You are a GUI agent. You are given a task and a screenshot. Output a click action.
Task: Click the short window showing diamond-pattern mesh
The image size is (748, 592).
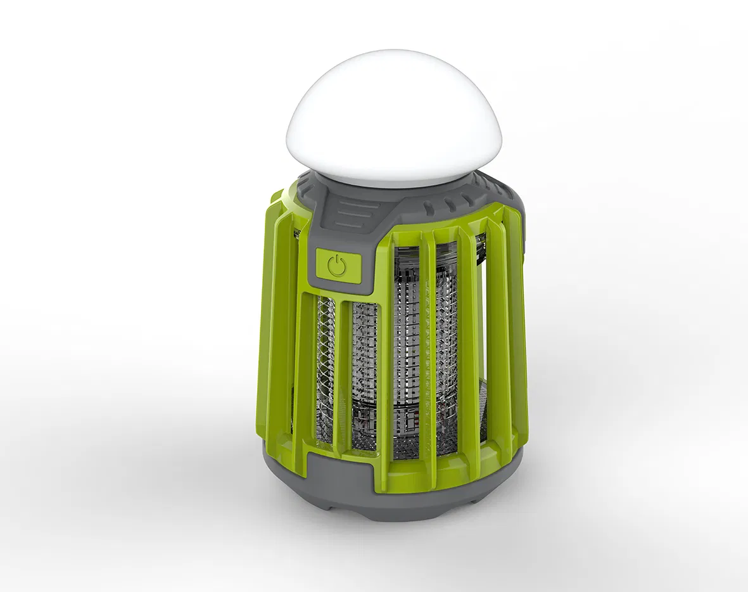click(x=325, y=371)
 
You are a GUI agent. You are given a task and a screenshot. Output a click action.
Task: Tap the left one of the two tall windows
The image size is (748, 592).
click(x=405, y=349)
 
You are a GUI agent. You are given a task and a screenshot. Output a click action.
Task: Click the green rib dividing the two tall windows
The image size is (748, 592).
click(x=426, y=345)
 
